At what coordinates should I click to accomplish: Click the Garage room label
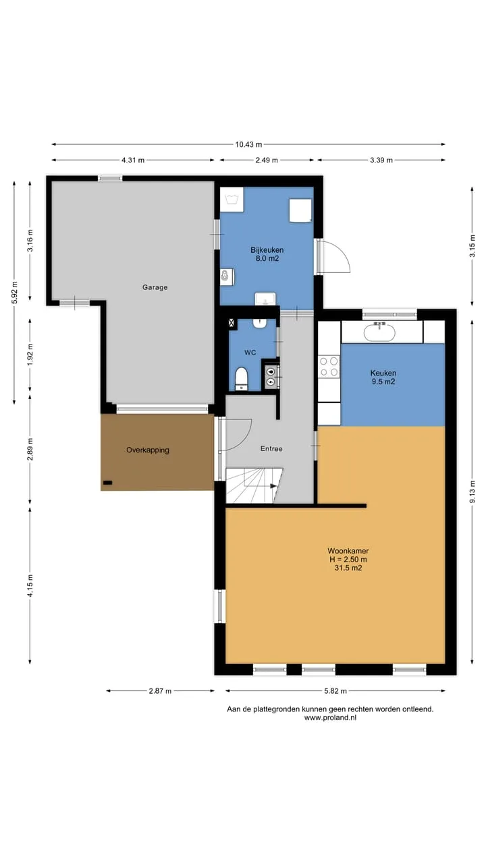pos(155,287)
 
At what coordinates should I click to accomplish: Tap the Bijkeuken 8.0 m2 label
pos(267,254)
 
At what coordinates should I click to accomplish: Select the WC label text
pos(250,353)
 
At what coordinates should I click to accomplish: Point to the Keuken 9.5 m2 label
pos(383,377)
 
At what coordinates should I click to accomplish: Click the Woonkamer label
pos(348,551)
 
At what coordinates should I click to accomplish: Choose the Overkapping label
pos(148,450)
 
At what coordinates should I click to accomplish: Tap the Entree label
pos(271,448)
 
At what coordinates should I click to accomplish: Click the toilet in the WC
pos(242,379)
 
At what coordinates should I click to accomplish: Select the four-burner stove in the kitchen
pos(329,367)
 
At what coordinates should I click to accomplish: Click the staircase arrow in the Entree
pos(273,486)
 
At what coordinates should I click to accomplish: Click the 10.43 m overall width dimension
pos(248,144)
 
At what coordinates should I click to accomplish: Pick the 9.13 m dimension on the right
pos(472,492)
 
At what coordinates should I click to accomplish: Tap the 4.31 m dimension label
pos(133,160)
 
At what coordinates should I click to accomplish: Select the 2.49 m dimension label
pos(267,160)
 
